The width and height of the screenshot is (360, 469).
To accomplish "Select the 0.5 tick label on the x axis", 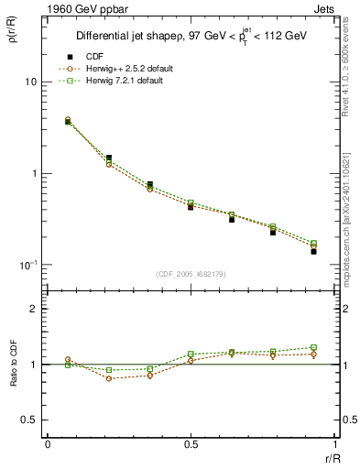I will coord(190,445).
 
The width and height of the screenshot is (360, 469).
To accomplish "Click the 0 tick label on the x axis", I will coord(47,445).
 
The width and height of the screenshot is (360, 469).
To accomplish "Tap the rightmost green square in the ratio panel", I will coord(313,347).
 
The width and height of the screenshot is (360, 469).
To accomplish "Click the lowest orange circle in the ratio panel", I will coord(109,378).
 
